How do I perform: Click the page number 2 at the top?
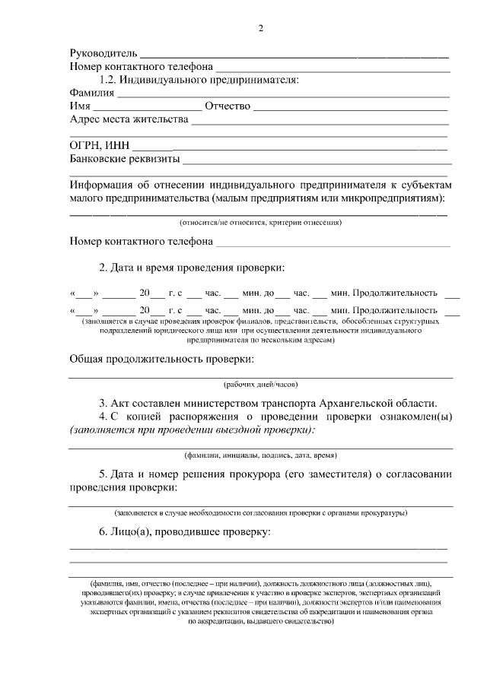[261, 29]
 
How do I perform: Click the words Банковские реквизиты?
[125, 160]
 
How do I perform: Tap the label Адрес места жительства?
[129, 119]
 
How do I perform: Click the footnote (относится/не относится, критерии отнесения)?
[260, 223]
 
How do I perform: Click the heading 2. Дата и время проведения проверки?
[192, 268]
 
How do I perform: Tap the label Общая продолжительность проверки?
[161, 359]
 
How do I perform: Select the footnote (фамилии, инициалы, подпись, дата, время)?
[260, 455]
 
